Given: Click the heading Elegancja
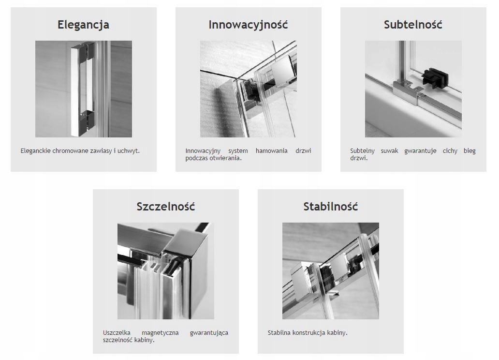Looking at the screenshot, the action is pos(83,25).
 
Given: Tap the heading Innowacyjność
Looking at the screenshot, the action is pos(248,25).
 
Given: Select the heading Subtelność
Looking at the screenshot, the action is pos(413,25).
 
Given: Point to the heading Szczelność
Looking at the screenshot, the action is pos(166,207).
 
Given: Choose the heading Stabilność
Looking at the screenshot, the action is pos(331,207).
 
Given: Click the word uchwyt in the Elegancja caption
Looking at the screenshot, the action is pos(128,150).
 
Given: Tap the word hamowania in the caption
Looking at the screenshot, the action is pos(271,150).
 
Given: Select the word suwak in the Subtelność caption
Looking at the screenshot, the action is pos(390,150).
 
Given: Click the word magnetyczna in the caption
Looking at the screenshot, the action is pos(160,333).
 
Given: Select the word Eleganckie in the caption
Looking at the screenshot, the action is pos(35,150).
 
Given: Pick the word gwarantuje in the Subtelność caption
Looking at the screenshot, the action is pos(420,151).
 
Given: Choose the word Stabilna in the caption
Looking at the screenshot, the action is pos(279,333).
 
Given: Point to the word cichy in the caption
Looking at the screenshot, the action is pos(450,151).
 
